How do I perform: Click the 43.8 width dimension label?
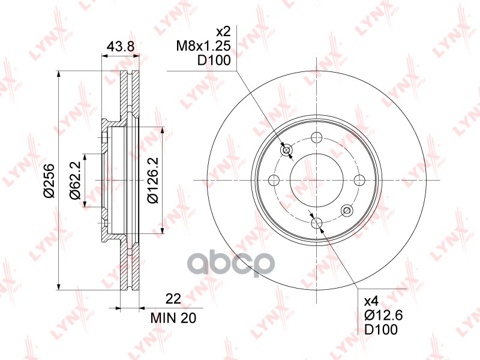tap(121, 46)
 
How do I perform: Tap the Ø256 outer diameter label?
tap(49, 181)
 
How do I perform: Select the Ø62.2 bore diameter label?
tap(76, 181)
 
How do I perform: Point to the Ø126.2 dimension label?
tap(152, 180)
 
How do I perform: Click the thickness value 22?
tap(173, 298)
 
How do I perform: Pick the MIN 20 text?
tap(173, 318)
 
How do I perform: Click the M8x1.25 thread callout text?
tap(203, 46)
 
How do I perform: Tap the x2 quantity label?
tap(223, 32)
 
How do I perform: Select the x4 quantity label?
tap(371, 301)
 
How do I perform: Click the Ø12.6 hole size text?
tap(383, 315)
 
